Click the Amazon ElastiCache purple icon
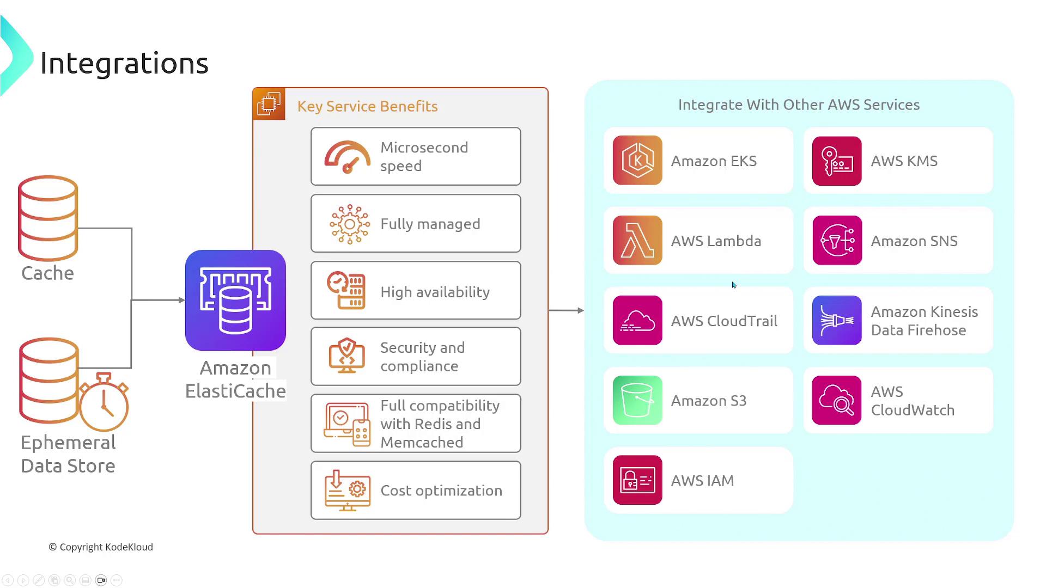[235, 300]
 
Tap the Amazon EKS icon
[637, 161]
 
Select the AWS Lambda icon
[637, 241]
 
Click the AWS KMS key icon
[837, 161]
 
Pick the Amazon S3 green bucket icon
[637, 400]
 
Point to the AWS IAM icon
[637, 480]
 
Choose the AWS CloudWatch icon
[837, 400]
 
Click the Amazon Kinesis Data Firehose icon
[837, 320]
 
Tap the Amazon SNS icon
[837, 241]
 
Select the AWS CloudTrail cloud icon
[637, 320]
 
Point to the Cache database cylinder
[48, 218]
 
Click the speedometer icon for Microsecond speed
[348, 157]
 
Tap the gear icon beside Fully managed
[350, 224]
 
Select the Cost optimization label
[441, 491]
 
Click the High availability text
[435, 292]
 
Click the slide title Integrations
[124, 63]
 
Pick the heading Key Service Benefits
[367, 106]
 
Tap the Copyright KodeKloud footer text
[101, 547]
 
